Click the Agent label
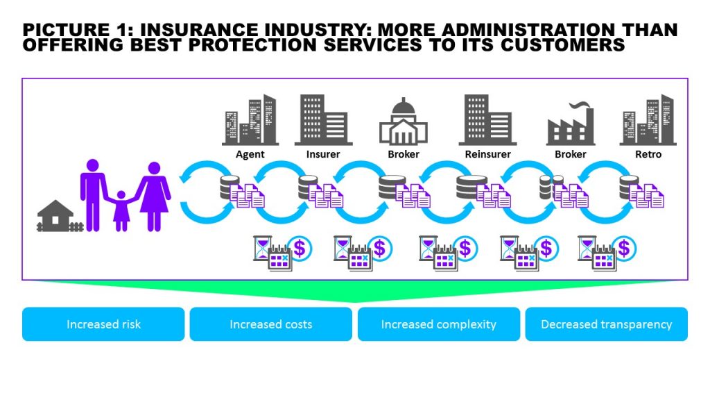click(250, 154)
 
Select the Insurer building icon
click(323, 119)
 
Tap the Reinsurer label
click(487, 154)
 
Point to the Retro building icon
click(648, 119)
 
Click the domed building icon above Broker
click(404, 122)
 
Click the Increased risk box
click(103, 324)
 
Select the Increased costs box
click(271, 324)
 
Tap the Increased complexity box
click(439, 324)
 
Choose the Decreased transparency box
click(607, 324)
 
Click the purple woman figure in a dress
click(153, 196)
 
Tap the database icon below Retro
click(628, 187)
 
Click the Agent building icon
click(250, 120)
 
